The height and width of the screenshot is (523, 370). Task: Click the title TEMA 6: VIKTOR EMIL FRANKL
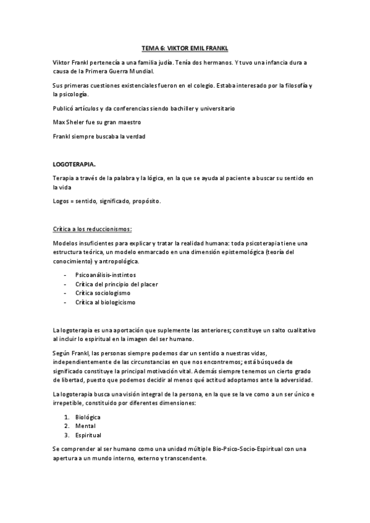(185, 48)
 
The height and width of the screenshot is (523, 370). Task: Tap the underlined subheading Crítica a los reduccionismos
(93, 229)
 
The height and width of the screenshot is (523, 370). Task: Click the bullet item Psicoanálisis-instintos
(106, 274)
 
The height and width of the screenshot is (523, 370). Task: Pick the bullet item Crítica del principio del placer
(117, 284)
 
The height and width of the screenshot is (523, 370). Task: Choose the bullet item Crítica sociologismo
(103, 293)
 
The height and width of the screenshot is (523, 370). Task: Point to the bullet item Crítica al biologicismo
(105, 302)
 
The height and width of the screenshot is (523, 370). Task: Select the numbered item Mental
(85, 426)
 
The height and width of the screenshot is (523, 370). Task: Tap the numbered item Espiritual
(88, 435)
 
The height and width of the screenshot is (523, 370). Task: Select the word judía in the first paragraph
(156, 63)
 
